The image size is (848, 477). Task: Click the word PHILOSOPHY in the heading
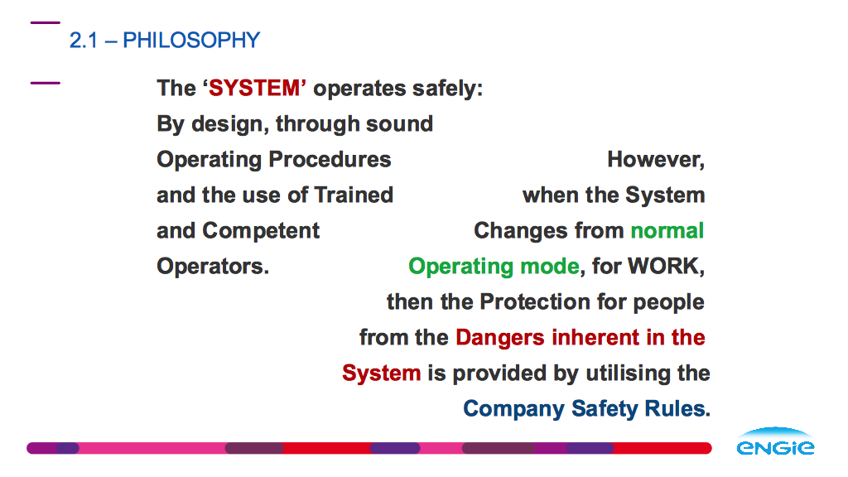click(x=191, y=40)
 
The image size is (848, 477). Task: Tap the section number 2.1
click(x=84, y=41)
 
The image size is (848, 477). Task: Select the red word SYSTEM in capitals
click(x=254, y=88)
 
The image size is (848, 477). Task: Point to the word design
click(x=230, y=124)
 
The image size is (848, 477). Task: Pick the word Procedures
click(x=330, y=160)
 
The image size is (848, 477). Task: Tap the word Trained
click(x=354, y=195)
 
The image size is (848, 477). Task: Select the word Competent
click(x=261, y=231)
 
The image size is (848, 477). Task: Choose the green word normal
click(x=667, y=231)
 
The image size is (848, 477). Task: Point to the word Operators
click(x=213, y=267)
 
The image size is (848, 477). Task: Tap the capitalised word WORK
click(x=666, y=267)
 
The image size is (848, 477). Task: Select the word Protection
click(x=535, y=301)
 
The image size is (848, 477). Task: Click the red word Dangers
click(x=500, y=338)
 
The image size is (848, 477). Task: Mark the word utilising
click(x=624, y=373)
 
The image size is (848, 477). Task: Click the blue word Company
click(x=513, y=409)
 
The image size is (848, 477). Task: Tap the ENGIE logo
click(x=775, y=441)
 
